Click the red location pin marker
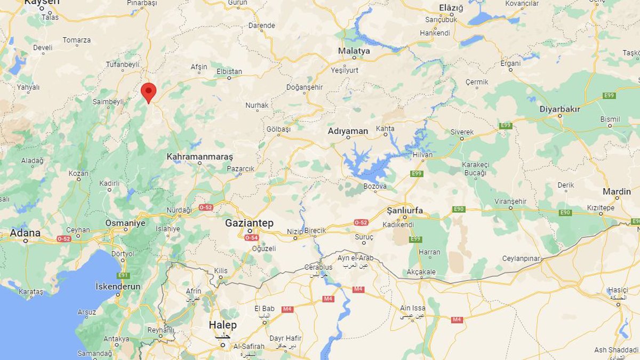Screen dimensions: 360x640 [x=148, y=92]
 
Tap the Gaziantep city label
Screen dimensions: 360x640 [x=249, y=222]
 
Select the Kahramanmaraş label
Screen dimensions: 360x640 [x=199, y=157]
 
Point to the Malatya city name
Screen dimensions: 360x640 [x=354, y=51]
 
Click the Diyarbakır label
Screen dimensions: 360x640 [x=559, y=109]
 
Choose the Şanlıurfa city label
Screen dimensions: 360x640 [x=405, y=211]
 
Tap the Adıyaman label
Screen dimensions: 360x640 [x=348, y=131]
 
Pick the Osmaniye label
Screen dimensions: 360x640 [x=125, y=223]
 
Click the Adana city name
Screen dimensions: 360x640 [x=25, y=233]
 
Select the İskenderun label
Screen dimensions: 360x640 [x=118, y=286]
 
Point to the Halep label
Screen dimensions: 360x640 [x=222, y=325]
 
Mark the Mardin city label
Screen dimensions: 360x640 [x=617, y=191]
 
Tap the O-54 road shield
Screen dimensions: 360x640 [x=252, y=237]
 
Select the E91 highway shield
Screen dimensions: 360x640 [x=124, y=275]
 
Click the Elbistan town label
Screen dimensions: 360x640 [x=229, y=71]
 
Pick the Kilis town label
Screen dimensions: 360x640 [x=221, y=271]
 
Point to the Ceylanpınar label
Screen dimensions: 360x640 [x=521, y=259]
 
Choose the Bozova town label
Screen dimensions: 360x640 [x=375, y=186]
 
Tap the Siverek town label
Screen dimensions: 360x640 [x=462, y=132]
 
